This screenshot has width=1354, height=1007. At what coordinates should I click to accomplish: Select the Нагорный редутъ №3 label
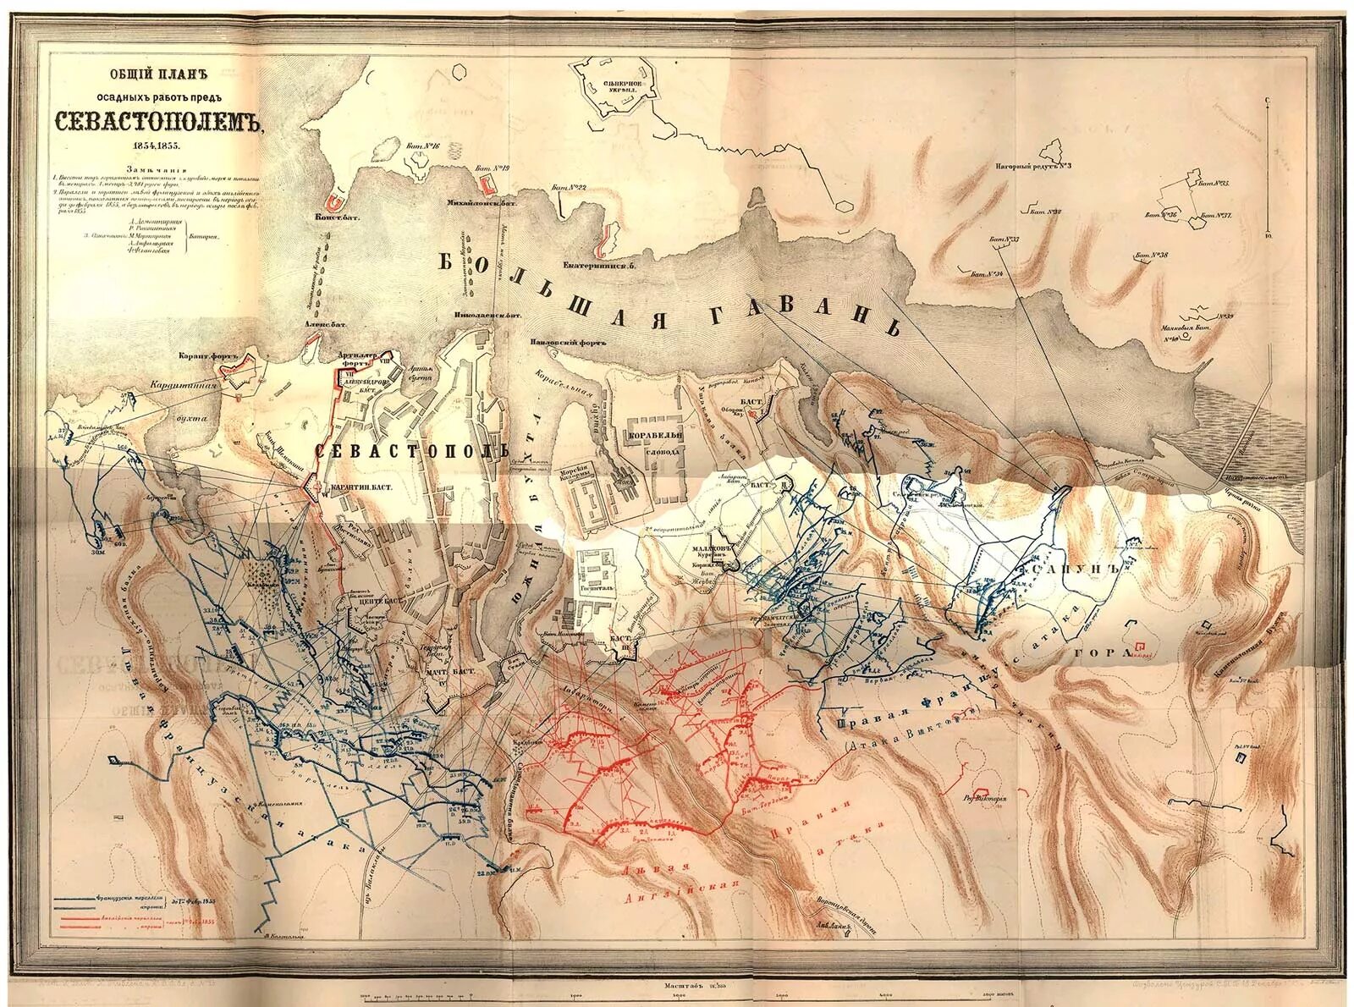point(1034,166)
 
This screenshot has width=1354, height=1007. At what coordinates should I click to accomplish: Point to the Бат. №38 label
point(1152,255)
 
